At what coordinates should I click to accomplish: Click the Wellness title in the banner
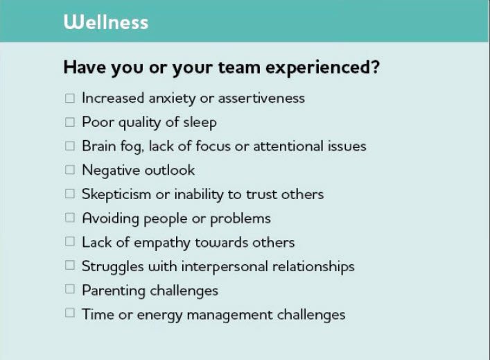[x=106, y=22]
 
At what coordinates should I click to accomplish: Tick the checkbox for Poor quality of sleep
[x=70, y=122]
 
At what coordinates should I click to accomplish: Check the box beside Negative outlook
[x=70, y=170]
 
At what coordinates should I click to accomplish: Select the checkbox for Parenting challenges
[x=70, y=289]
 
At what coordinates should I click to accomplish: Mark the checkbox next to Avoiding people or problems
[x=70, y=217]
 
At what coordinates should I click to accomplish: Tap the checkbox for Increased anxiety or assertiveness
[x=70, y=98]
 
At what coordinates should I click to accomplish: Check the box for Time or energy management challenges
[x=70, y=313]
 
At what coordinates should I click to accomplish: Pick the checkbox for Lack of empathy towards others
[x=70, y=241]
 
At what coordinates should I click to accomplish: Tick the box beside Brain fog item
[x=70, y=146]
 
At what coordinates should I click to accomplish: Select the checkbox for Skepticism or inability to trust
[x=70, y=194]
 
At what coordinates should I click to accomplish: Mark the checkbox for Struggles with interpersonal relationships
[x=70, y=265]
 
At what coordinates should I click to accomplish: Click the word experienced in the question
[x=322, y=68]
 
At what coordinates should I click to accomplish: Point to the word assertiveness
[x=261, y=98]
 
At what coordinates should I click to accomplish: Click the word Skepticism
[x=116, y=195]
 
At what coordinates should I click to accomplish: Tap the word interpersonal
[x=225, y=267]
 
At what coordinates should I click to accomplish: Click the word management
[x=229, y=316]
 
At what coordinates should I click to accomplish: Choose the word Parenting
[x=114, y=291]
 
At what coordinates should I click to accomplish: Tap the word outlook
[x=170, y=171]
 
